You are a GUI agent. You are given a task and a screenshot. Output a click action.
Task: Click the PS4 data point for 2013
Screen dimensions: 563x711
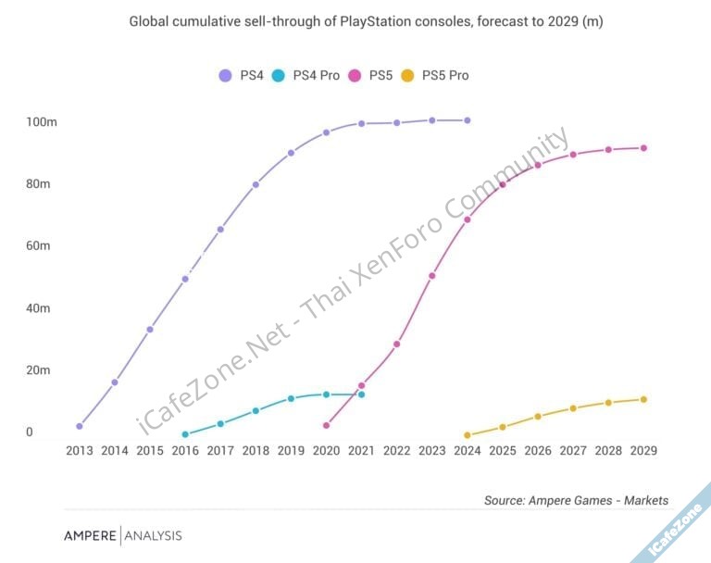pos(80,426)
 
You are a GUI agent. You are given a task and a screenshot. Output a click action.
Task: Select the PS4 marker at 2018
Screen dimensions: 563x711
pos(256,184)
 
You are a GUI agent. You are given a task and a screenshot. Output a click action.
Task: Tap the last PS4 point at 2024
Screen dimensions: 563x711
pos(467,120)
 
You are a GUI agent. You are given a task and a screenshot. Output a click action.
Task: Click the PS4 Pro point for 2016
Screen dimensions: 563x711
pos(185,434)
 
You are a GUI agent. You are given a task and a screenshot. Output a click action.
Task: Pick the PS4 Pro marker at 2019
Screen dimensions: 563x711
pos(291,398)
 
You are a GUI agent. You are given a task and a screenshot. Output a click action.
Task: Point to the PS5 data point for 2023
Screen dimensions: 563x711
pos(432,276)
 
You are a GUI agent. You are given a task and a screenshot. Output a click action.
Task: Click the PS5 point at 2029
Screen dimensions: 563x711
pos(643,148)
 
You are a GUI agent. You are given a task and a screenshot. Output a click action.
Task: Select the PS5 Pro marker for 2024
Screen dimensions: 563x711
pos(467,435)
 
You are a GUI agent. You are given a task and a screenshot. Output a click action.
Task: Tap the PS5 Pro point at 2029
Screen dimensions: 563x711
pos(643,399)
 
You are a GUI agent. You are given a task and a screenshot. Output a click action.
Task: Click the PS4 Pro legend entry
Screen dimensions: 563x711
pos(306,75)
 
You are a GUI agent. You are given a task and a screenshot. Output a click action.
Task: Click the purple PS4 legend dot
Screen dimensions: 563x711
pos(225,75)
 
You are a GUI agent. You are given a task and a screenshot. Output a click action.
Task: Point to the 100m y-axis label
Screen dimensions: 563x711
pos(43,122)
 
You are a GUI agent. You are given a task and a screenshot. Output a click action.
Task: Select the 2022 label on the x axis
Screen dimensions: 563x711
pos(396,451)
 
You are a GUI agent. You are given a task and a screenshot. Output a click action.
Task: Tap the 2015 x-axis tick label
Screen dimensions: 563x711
pos(150,451)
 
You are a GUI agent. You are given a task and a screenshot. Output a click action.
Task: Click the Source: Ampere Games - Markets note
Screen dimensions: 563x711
pos(576,500)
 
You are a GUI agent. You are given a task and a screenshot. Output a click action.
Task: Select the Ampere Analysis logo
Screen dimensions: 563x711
pos(123,535)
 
